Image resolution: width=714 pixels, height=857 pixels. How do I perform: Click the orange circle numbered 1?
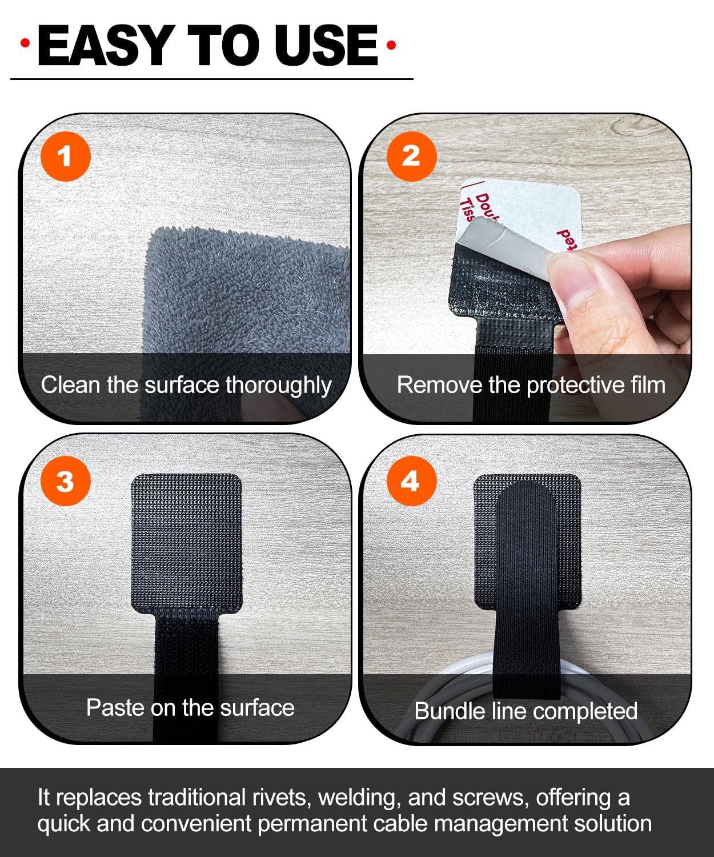click(x=65, y=157)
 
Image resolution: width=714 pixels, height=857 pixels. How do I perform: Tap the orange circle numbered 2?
click(x=411, y=157)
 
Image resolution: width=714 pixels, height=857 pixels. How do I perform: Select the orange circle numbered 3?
click(x=65, y=481)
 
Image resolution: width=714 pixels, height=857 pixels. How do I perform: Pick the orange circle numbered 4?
click(x=411, y=481)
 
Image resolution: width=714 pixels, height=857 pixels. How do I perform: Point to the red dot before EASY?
click(x=25, y=43)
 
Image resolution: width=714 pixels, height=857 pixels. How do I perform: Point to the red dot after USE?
click(x=391, y=45)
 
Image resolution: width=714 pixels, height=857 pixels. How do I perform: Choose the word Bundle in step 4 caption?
click(x=443, y=711)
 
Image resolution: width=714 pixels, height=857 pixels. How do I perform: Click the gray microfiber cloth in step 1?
click(x=246, y=291)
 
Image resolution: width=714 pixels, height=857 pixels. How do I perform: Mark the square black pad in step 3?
click(x=186, y=543)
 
